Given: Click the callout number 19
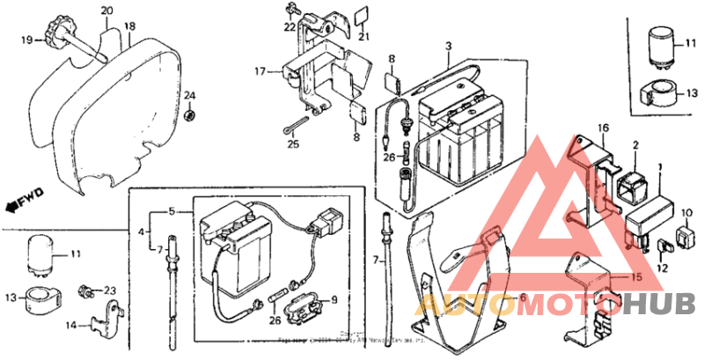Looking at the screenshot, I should [x=27, y=40].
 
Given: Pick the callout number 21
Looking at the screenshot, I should [x=361, y=36].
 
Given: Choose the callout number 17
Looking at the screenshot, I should [x=260, y=70].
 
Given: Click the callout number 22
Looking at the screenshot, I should [x=290, y=27].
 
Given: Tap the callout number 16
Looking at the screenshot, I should [x=605, y=129].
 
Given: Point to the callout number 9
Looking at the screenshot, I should [x=333, y=301].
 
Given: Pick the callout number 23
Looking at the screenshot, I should [x=109, y=290].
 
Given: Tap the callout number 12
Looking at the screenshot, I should [x=662, y=269].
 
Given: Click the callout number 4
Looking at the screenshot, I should [x=141, y=232].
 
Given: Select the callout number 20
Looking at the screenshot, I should [x=106, y=11].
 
